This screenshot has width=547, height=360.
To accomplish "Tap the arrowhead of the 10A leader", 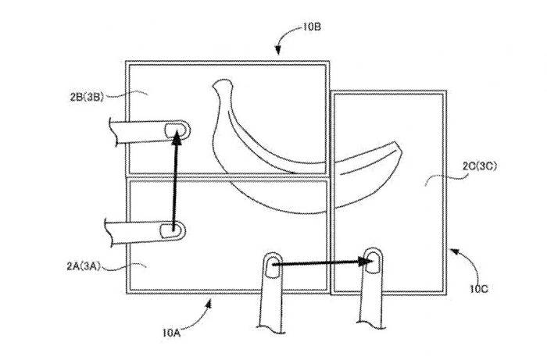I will (208, 303).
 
